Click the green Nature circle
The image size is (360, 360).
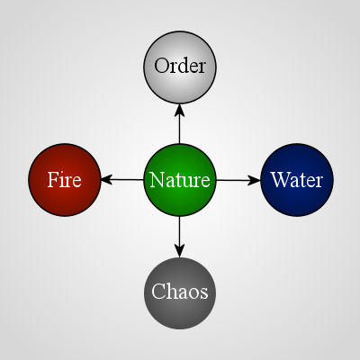click(180, 180)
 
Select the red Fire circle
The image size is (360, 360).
click(65, 180)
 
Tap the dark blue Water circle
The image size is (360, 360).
click(297, 180)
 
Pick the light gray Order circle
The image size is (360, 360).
click(180, 67)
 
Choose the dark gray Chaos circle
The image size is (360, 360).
click(180, 293)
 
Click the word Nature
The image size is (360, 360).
click(180, 180)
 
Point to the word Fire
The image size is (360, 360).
click(65, 180)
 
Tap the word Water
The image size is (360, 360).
click(297, 180)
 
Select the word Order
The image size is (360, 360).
click(180, 66)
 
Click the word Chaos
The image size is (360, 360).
click(180, 292)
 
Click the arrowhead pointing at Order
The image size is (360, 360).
click(180, 110)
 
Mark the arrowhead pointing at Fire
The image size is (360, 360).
click(107, 180)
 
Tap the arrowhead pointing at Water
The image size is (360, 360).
click(255, 180)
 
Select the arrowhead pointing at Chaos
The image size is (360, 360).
click(180, 251)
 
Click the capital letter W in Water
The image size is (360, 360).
click(279, 179)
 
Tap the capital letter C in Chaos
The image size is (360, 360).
click(157, 292)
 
